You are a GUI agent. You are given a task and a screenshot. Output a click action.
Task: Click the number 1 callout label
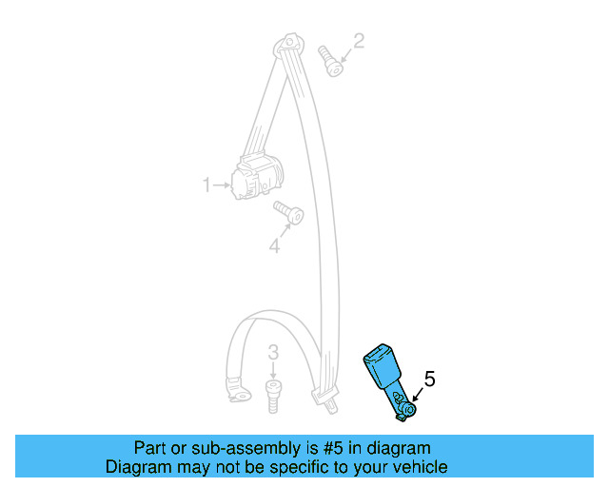pos(206,185)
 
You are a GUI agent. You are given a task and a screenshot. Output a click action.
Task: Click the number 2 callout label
pos(359,41)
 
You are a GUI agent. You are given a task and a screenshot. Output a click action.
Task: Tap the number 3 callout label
pos(273,354)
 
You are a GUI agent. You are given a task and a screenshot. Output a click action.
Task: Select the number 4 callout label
pos(274,246)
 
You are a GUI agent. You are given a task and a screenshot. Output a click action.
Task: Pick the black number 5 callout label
pos(429,380)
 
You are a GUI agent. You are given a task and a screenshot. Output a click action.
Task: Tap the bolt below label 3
pos(271,394)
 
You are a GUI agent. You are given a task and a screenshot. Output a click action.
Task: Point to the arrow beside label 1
pos(222,185)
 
